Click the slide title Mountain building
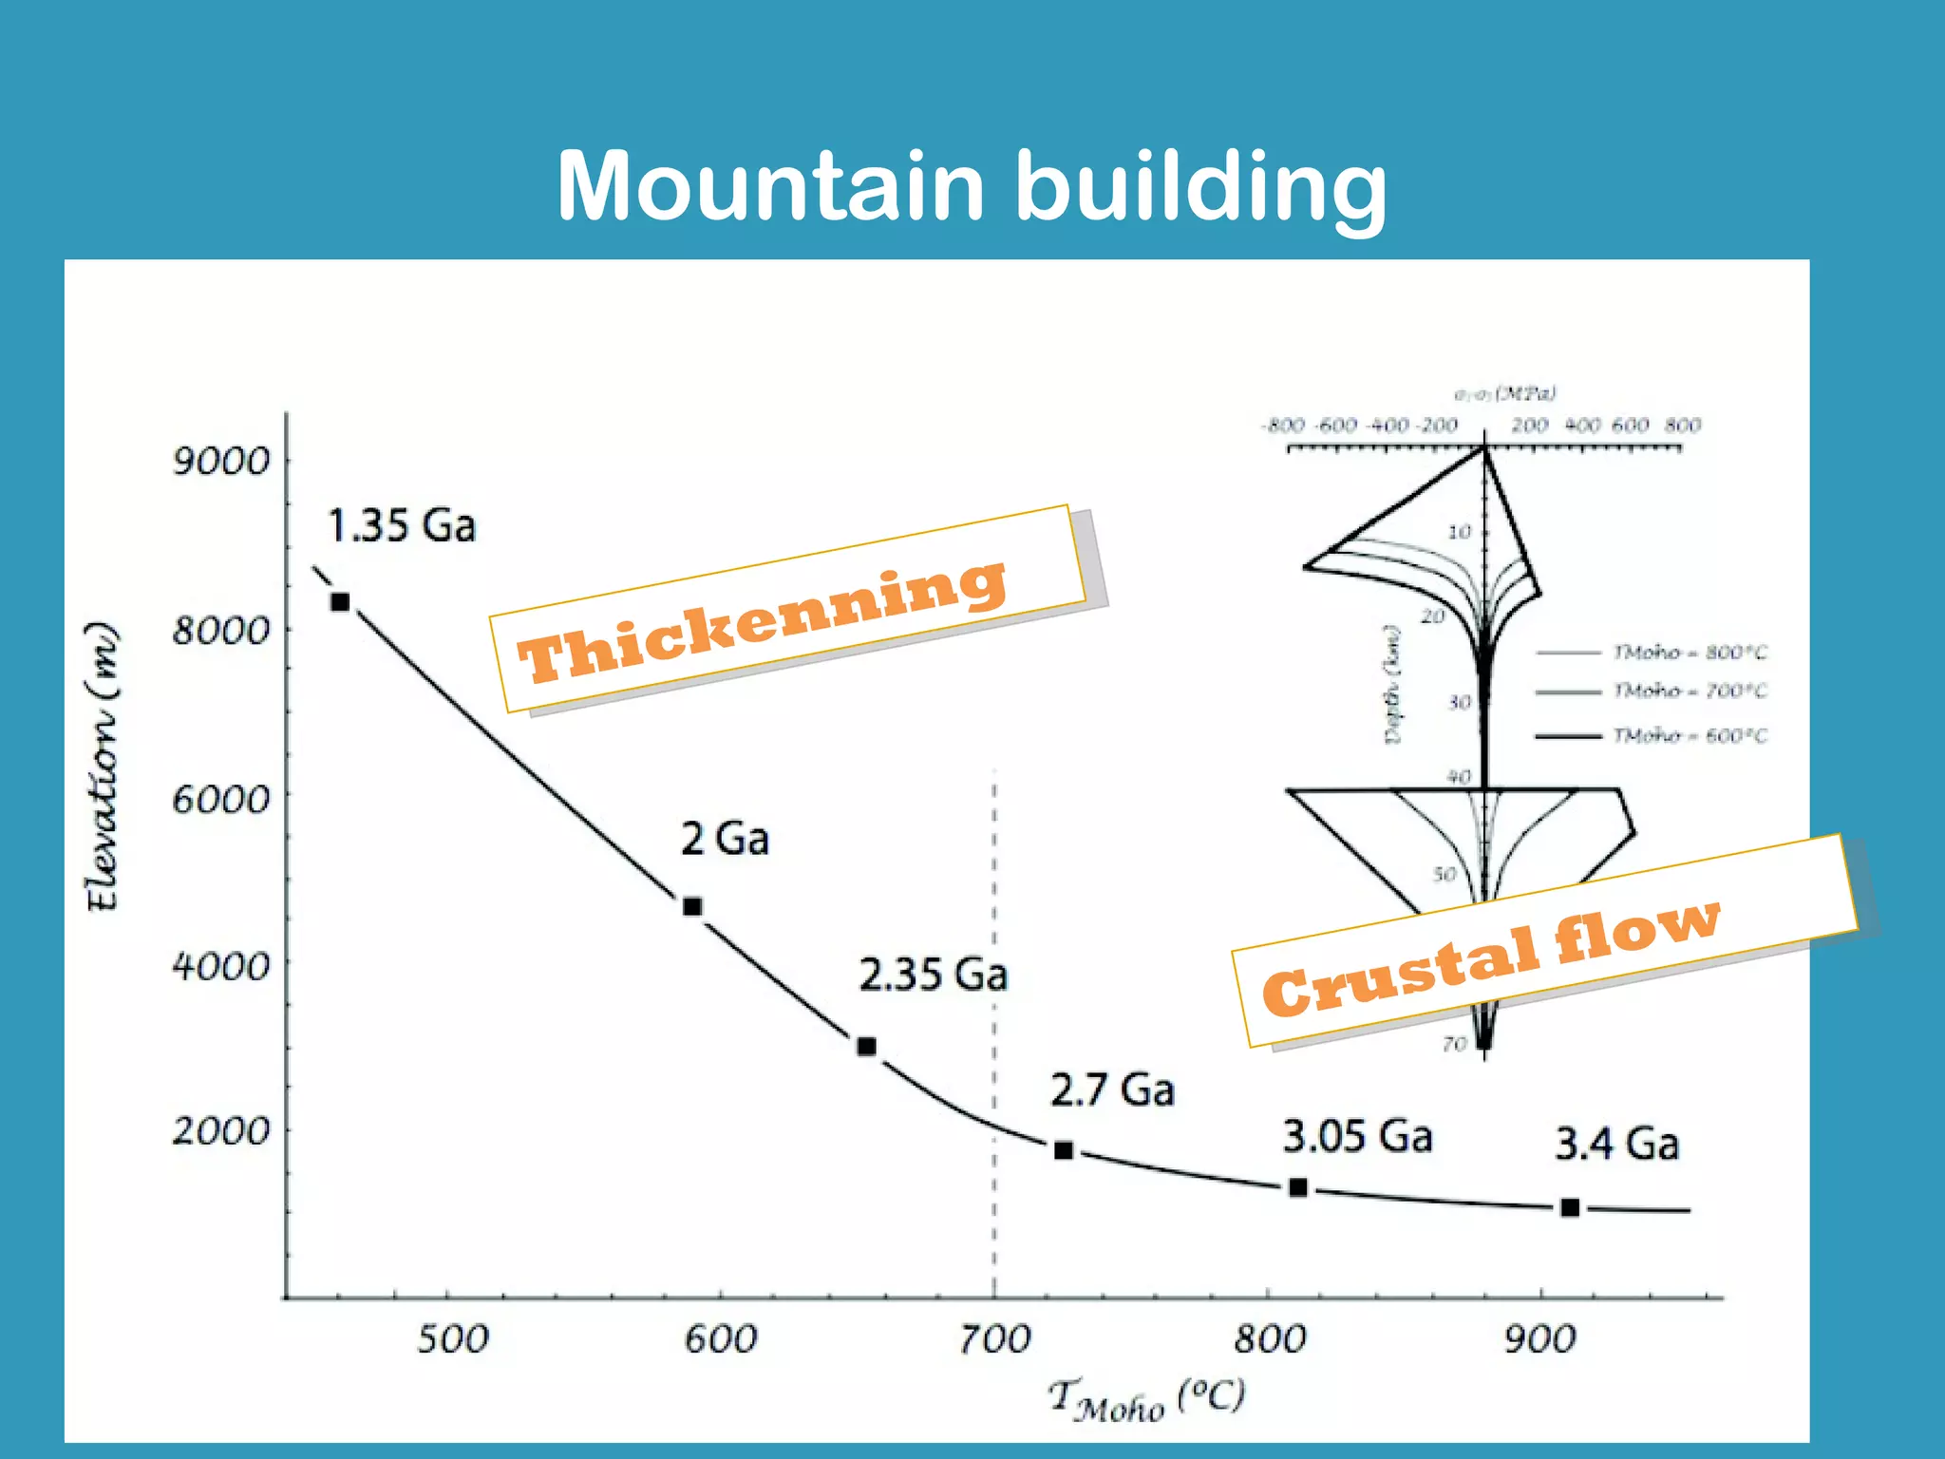pyautogui.click(x=971, y=186)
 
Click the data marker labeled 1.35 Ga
pyautogui.click(x=340, y=602)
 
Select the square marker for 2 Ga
pyautogui.click(x=692, y=907)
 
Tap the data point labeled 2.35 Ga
pyautogui.click(x=866, y=1047)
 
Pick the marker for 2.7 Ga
pyautogui.click(x=1064, y=1150)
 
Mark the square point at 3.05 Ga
pyautogui.click(x=1298, y=1187)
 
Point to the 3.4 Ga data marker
pyautogui.click(x=1570, y=1207)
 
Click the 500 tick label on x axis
pyautogui.click(x=453, y=1339)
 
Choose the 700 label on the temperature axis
pyautogui.click(x=993, y=1339)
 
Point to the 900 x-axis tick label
pyautogui.click(x=1540, y=1339)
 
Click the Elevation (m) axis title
pyautogui.click(x=103, y=767)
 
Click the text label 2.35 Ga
pyautogui.click(x=933, y=976)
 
